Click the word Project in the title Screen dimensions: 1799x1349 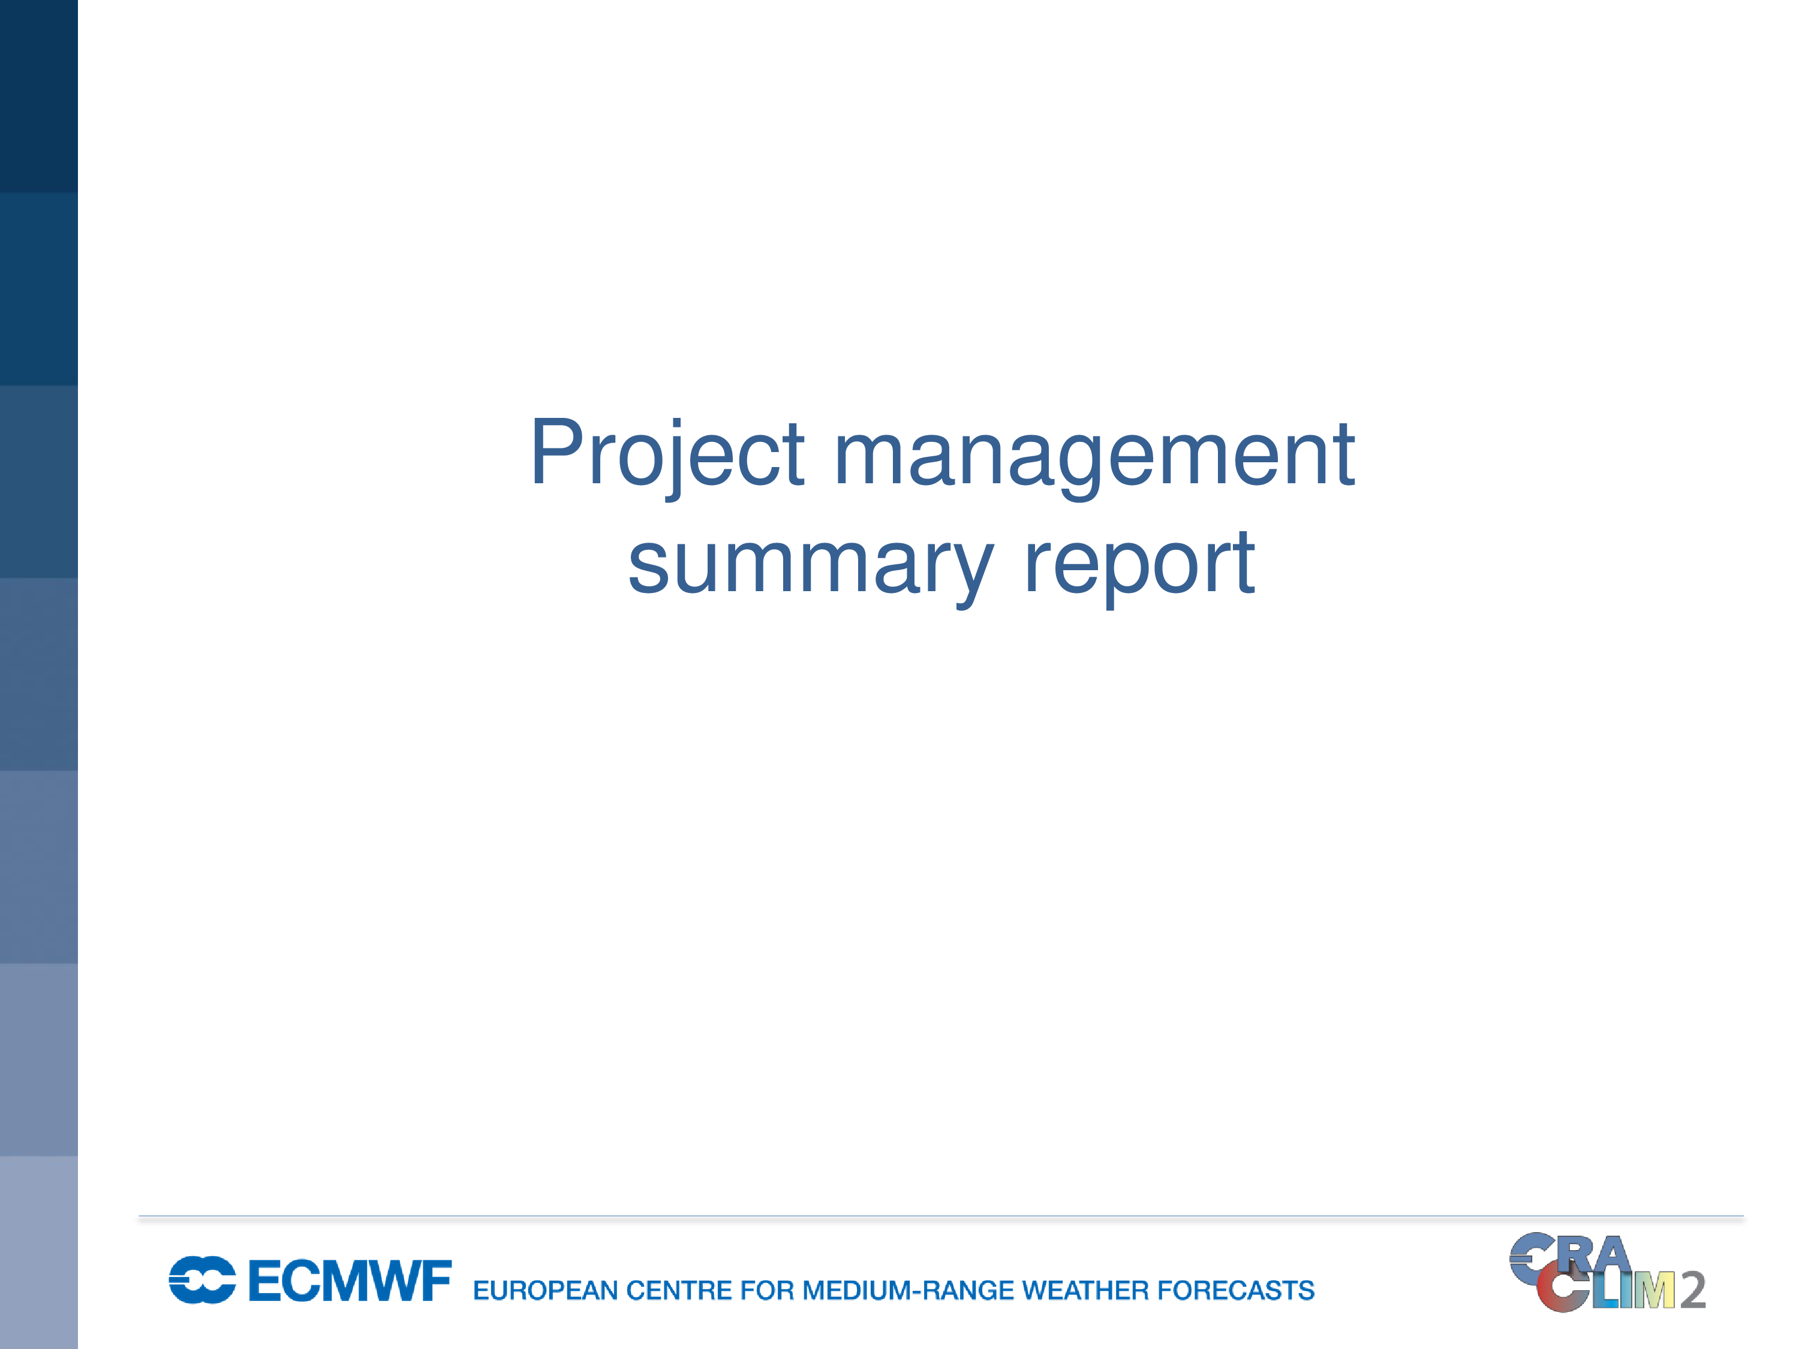point(667,455)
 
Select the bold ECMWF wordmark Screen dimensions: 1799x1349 point(350,1281)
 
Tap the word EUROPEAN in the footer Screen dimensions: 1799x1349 point(546,1290)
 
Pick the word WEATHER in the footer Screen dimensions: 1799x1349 point(1086,1290)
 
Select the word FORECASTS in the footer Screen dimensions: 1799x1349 point(1236,1290)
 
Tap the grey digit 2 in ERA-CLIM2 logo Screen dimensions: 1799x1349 point(1692,1290)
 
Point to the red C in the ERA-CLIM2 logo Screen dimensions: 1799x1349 point(1562,1290)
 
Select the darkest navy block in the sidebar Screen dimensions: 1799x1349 point(39,96)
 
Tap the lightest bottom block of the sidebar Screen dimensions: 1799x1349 point(39,1252)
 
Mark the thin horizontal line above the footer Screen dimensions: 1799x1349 point(941,1216)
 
